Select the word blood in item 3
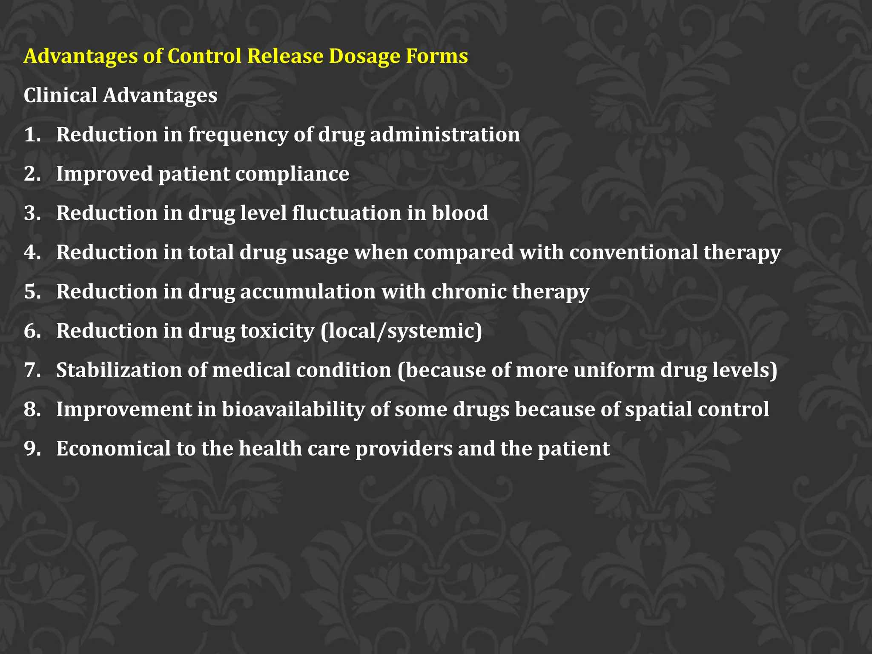pyautogui.click(x=460, y=213)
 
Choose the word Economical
pyautogui.click(x=113, y=449)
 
